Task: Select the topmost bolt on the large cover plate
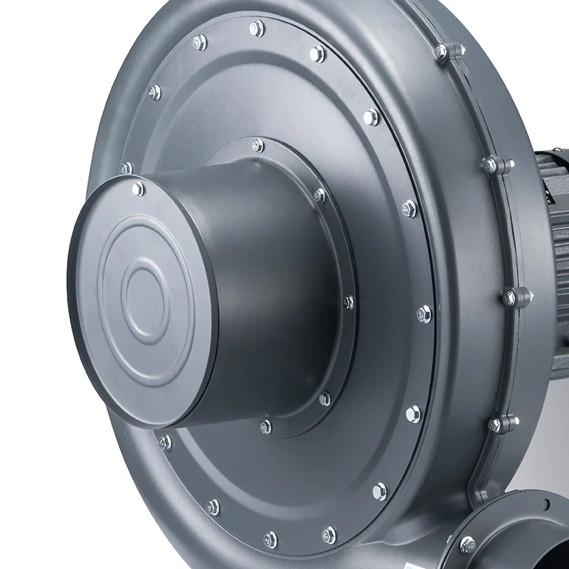coord(257,28)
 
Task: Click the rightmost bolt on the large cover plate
coord(424,312)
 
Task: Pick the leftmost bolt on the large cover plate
coord(126,169)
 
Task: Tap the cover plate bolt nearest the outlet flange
coord(381,489)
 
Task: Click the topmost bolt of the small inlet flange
coord(257,145)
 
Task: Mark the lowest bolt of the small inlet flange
coord(266,427)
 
